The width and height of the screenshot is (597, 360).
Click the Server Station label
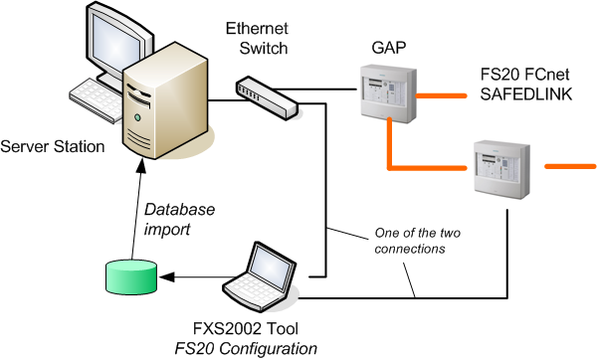point(52,147)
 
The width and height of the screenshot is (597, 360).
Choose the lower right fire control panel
point(499,166)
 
